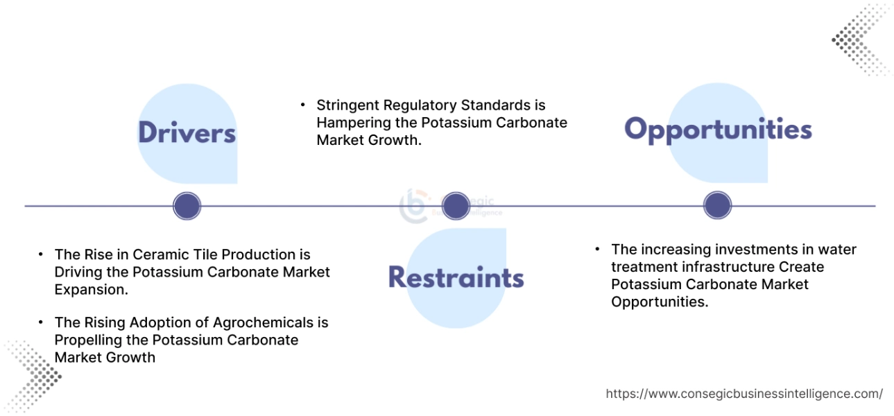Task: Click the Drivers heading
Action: click(187, 132)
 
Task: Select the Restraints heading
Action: click(456, 277)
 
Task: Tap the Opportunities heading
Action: click(718, 130)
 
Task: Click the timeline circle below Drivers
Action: click(187, 206)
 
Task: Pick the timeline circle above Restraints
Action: click(456, 206)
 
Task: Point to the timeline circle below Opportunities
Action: click(717, 206)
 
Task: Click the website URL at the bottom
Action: click(744, 394)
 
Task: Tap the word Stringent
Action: click(346, 105)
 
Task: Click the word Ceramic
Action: click(157, 254)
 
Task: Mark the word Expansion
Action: click(91, 290)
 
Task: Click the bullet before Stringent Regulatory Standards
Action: click(303, 105)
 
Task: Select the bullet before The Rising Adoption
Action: click(41, 322)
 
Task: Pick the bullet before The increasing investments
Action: click(598, 249)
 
